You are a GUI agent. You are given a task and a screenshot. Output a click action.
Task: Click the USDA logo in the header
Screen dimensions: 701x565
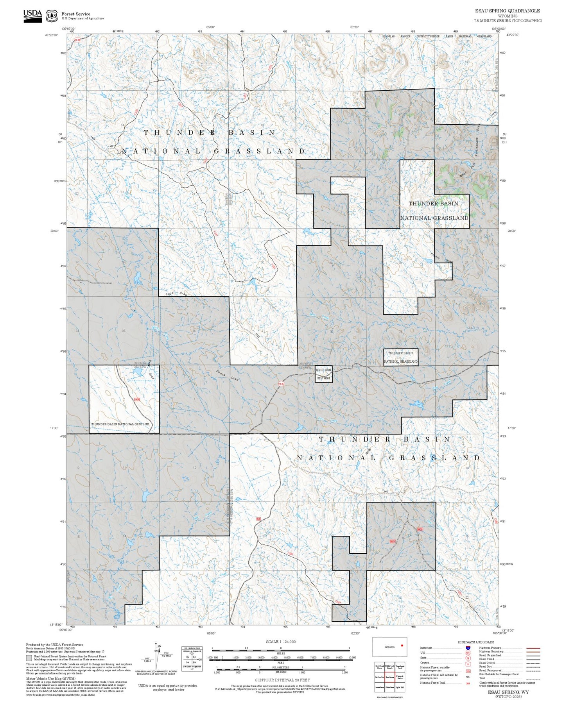click(32, 16)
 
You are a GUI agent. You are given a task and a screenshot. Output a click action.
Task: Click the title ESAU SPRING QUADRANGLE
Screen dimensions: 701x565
click(508, 11)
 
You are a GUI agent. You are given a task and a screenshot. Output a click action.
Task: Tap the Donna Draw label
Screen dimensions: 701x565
click(227, 376)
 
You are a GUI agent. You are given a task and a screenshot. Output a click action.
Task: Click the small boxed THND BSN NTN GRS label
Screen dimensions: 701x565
click(323, 374)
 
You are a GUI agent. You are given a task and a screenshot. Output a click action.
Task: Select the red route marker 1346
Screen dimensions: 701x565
click(281, 384)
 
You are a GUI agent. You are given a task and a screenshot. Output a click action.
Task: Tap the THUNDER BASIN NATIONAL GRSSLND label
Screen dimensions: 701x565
click(120, 424)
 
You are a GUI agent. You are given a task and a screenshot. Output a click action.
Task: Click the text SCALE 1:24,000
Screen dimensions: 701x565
click(281, 642)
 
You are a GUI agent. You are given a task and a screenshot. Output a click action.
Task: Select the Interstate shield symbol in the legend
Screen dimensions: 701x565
click(468, 648)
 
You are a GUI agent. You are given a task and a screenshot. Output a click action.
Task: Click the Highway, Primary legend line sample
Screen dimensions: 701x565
click(533, 648)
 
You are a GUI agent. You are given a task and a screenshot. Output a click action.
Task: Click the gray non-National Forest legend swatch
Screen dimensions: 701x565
click(29, 658)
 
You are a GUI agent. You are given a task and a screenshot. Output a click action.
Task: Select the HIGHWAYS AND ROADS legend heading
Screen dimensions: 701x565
click(475, 642)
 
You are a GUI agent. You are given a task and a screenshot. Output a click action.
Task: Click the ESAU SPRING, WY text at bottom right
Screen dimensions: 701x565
click(508, 692)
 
